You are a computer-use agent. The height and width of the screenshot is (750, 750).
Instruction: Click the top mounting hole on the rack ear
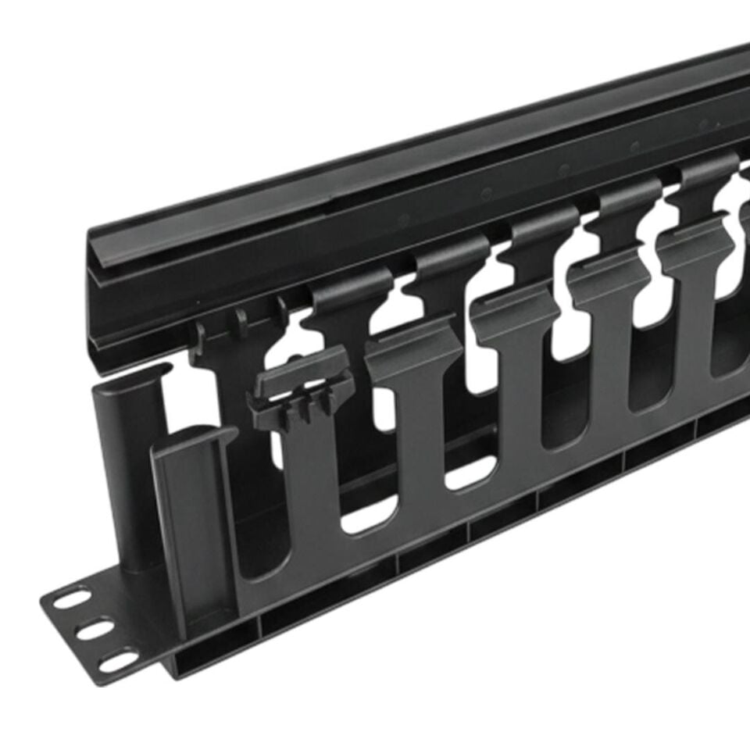[x=73, y=599]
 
